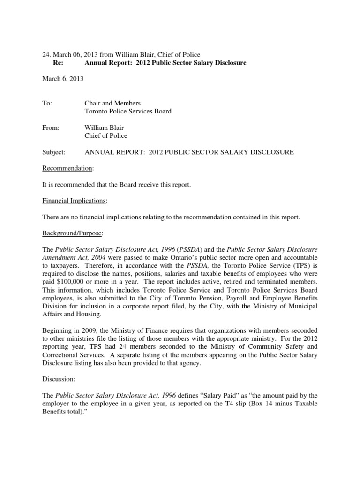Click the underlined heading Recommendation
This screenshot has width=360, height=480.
[63, 168]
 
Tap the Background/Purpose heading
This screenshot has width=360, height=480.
[69, 233]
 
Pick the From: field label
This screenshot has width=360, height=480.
[51, 127]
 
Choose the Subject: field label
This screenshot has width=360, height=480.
[54, 152]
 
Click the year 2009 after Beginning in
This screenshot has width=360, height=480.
[81, 331]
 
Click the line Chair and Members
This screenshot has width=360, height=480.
[112, 103]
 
